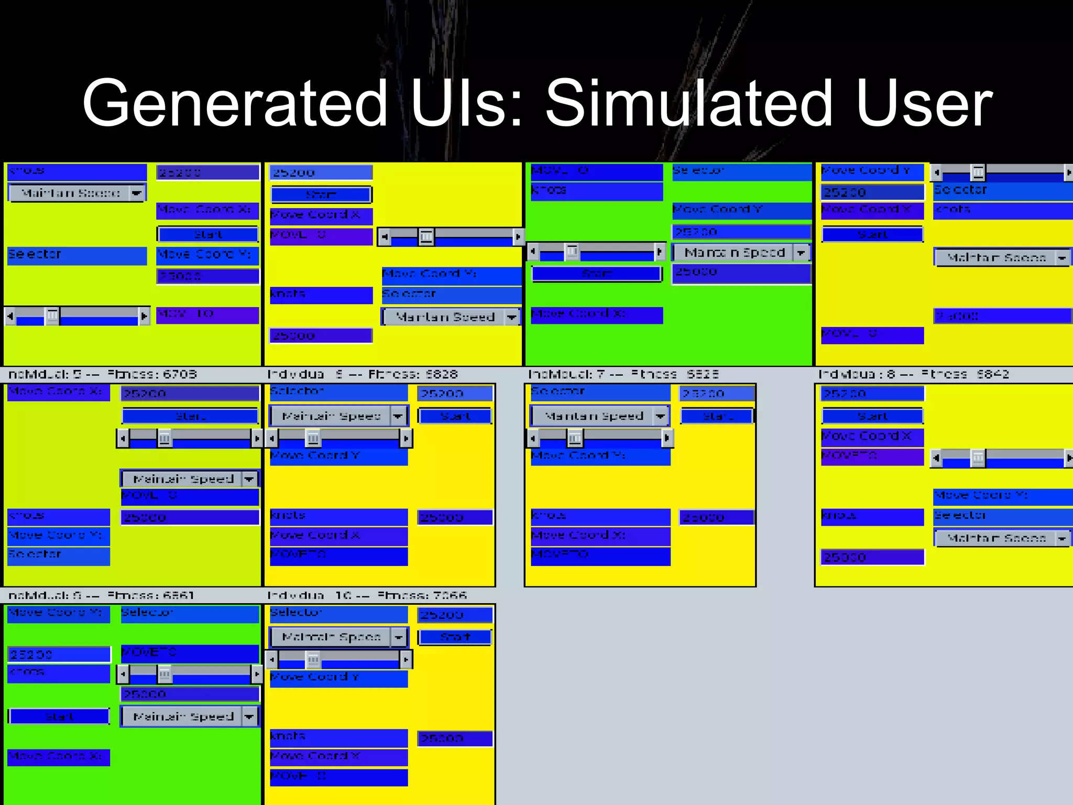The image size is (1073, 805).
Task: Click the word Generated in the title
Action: pos(235,103)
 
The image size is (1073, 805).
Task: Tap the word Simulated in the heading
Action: pos(688,103)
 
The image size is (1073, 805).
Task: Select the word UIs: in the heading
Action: pos(466,103)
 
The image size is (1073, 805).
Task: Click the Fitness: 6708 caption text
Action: pos(152,374)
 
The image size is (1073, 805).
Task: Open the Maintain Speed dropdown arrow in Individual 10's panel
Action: pos(399,637)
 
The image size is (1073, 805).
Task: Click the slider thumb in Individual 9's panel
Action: pos(165,673)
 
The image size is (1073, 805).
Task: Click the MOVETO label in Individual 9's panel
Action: pos(190,653)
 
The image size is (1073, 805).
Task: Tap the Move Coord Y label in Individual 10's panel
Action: pos(338,678)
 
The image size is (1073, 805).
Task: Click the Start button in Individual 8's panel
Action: pos(872,416)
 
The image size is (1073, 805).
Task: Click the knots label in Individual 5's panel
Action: pos(59,516)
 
